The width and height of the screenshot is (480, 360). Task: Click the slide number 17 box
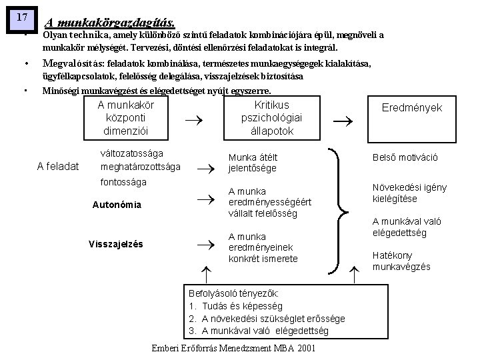pyautogui.click(x=21, y=16)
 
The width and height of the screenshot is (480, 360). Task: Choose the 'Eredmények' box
pyautogui.click(x=411, y=107)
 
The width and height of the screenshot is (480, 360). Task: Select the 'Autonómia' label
pyautogui.click(x=117, y=205)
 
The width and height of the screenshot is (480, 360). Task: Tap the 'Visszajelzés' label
pyautogui.click(x=115, y=244)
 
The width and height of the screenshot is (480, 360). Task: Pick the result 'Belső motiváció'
pyautogui.click(x=405, y=158)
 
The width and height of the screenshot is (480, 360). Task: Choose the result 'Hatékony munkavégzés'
pyautogui.click(x=401, y=261)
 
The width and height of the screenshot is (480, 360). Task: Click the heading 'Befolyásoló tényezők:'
pyautogui.click(x=234, y=293)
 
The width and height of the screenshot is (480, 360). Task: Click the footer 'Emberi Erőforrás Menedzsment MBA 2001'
pyautogui.click(x=233, y=349)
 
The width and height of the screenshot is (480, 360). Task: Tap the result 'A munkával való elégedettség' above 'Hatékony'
pyautogui.click(x=408, y=227)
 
